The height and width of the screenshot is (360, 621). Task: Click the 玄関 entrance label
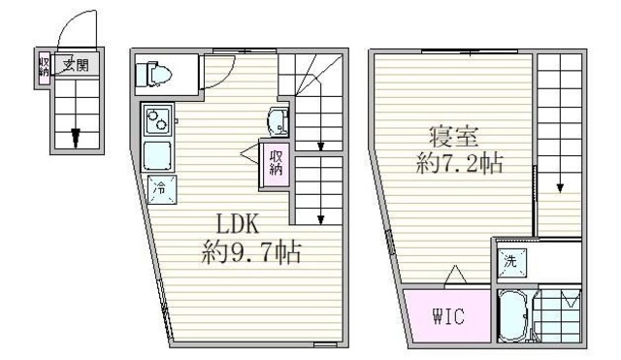coord(75,66)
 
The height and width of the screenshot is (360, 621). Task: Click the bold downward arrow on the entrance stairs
coord(75,137)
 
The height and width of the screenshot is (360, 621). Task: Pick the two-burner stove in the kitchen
coord(157,121)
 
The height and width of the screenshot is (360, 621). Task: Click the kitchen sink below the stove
coord(157,155)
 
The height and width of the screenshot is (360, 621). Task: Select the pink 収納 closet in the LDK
coord(276,161)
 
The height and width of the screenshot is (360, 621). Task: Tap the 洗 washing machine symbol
coord(511,261)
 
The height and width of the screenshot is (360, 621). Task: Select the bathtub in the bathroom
coord(513,314)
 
